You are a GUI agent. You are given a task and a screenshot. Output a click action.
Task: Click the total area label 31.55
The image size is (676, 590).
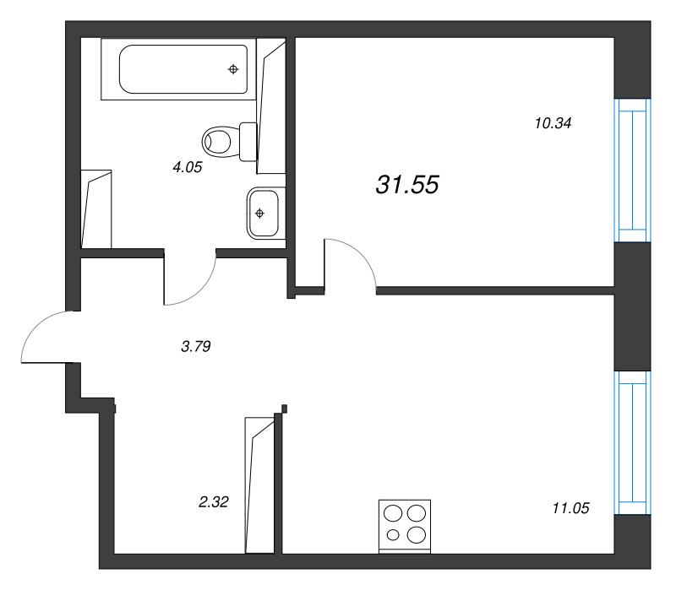click(x=407, y=185)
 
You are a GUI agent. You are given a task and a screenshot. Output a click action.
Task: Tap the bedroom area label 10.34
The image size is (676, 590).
click(x=553, y=123)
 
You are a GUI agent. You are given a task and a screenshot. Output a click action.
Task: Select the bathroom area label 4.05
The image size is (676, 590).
click(x=187, y=167)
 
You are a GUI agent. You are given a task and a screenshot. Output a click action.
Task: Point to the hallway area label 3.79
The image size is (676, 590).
click(x=196, y=346)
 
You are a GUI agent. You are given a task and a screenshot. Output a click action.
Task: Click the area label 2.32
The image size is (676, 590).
click(x=214, y=501)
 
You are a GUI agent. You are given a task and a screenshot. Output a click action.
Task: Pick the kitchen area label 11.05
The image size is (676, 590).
click(x=571, y=508)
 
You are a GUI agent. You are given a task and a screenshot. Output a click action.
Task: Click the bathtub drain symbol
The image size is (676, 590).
click(x=233, y=69)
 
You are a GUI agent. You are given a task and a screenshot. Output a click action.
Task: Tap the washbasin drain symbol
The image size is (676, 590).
click(x=259, y=213)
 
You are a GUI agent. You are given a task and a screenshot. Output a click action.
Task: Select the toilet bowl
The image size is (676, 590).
click(x=217, y=141)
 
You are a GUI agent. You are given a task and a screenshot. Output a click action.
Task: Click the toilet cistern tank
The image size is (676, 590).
click(x=248, y=142)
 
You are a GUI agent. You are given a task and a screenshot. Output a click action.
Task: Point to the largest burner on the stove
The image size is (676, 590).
click(x=417, y=535)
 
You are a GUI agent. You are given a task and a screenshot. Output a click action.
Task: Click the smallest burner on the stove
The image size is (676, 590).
click(x=393, y=535)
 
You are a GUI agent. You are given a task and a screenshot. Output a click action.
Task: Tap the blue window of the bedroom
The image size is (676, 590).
click(x=632, y=171)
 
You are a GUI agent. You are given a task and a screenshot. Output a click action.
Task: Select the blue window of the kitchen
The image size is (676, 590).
click(x=632, y=442)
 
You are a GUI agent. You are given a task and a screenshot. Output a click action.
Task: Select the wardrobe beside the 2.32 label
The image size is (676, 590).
click(x=260, y=485)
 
